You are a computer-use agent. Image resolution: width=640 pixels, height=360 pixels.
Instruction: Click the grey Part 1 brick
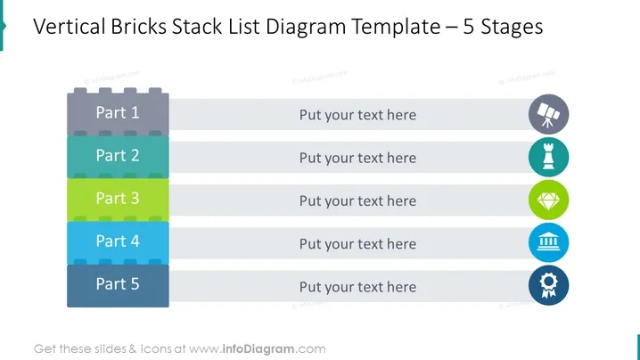[118, 112]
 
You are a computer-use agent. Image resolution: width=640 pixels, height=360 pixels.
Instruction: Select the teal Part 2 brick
[118, 157]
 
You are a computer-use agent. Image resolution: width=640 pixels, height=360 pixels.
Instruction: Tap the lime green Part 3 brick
[118, 200]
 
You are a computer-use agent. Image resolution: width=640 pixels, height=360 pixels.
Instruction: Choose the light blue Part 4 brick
[118, 242]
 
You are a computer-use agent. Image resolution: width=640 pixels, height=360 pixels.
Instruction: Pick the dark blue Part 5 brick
[118, 285]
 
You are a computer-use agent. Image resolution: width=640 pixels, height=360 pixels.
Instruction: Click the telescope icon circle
[548, 114]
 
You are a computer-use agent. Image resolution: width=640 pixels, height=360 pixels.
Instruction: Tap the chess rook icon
[548, 157]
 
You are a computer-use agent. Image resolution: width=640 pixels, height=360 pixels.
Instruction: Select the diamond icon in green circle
[548, 200]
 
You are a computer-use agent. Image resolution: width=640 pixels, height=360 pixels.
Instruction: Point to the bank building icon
[548, 242]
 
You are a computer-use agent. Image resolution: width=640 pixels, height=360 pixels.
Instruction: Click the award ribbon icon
[548, 285]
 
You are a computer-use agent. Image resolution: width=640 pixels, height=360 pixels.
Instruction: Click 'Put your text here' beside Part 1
[358, 115]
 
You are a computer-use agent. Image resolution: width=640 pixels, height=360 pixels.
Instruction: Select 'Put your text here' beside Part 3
[358, 201]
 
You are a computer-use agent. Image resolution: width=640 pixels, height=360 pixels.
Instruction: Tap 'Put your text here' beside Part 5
[358, 287]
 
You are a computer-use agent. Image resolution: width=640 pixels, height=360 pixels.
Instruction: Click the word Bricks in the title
[138, 27]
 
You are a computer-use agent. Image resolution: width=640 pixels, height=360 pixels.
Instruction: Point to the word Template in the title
[396, 28]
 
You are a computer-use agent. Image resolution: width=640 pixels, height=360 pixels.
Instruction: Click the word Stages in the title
[512, 28]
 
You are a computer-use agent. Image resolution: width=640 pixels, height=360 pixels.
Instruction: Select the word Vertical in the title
[69, 27]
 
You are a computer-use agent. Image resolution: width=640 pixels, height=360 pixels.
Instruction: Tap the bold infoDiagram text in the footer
[258, 349]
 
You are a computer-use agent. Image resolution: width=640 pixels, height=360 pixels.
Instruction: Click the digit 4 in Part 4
[135, 241]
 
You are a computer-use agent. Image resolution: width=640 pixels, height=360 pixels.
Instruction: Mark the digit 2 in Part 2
[135, 156]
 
